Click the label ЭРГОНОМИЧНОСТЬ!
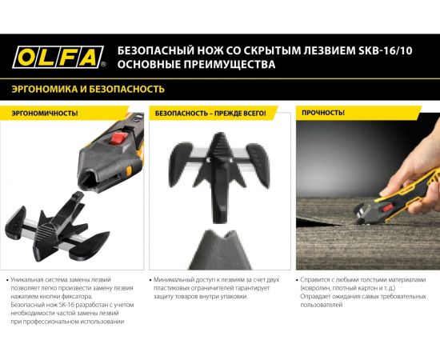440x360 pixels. [45, 113]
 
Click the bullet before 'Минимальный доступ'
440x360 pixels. [151, 281]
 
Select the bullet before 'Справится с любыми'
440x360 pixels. [295, 281]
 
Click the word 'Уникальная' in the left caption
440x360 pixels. [32, 281]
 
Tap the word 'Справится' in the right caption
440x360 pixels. [318, 281]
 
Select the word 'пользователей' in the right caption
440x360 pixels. [322, 305]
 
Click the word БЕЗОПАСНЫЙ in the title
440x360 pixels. [151, 46]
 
